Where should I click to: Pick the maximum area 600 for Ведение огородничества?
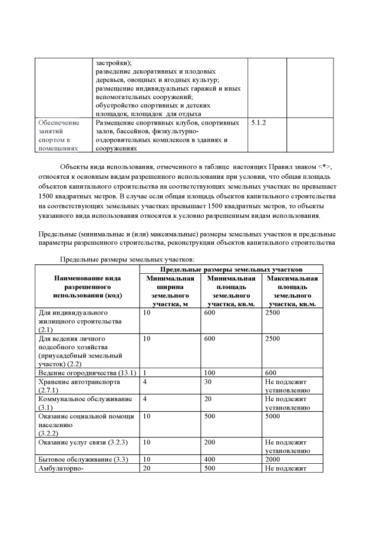coord(270,373)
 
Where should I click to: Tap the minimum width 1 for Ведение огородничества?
coord(144,373)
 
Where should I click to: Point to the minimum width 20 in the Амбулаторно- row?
coord(147,469)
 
